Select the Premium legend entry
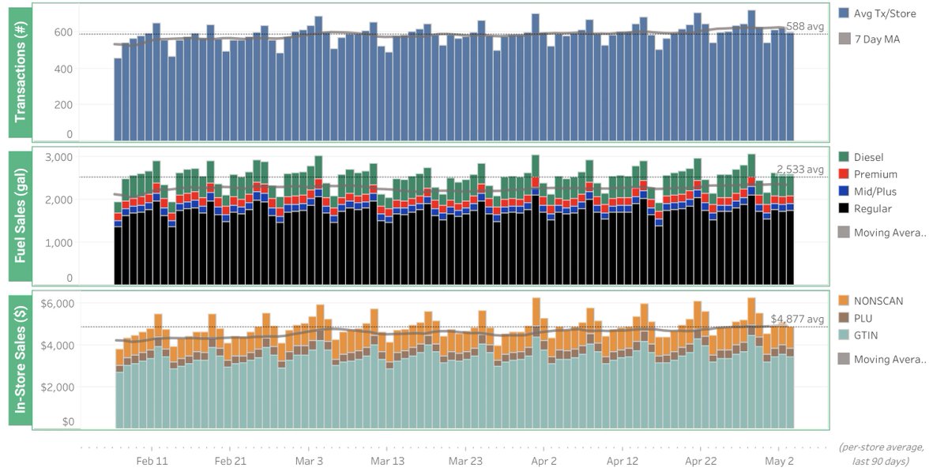[875, 174]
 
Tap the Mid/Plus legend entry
[876, 192]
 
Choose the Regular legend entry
[874, 209]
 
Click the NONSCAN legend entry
[878, 301]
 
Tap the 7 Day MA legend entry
[878, 39]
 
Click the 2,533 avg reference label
[799, 170]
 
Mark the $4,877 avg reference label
[797, 319]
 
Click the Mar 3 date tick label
[309, 461]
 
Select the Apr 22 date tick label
[701, 461]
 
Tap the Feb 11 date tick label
[152, 461]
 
